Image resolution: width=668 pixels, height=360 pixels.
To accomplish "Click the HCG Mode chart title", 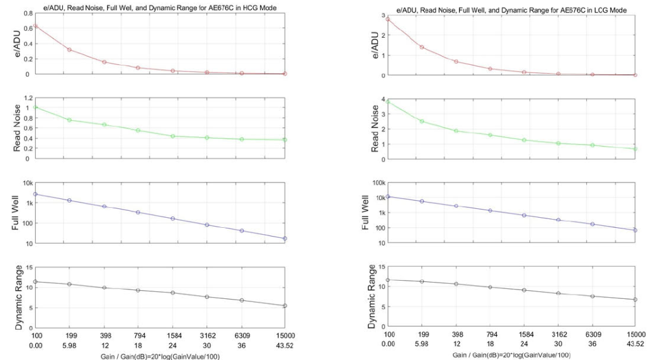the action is point(160,8).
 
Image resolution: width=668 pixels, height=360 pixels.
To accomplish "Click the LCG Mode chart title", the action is point(511,9).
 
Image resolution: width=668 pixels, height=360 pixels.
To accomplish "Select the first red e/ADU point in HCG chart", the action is point(35,26).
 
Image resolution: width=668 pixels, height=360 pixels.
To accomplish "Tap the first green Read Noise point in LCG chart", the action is point(388,102).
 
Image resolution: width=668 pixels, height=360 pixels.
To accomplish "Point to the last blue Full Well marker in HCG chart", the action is point(285,239).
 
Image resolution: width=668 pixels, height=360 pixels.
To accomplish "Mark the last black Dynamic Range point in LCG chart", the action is point(635,300).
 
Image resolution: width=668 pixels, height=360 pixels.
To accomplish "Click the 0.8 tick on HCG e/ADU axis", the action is point(28,13).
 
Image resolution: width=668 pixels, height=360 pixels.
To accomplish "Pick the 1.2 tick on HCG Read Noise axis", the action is point(28,98).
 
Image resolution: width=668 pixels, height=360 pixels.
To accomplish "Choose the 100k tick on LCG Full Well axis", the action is point(379,183).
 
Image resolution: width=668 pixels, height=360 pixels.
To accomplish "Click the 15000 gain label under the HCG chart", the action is point(285,335).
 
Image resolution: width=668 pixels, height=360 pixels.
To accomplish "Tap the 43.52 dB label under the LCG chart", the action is point(635,344).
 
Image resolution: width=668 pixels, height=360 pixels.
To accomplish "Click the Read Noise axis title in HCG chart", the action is point(17,128).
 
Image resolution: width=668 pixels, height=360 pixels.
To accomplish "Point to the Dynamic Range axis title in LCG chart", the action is point(371,296).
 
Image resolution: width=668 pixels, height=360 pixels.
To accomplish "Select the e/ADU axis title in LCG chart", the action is point(375,45).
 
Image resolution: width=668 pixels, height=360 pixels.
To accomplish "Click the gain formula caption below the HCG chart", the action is point(160,356).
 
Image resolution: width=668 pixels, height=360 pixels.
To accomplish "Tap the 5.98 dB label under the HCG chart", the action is point(69,346).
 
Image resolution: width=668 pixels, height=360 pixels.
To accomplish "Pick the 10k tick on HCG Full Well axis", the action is point(28,183).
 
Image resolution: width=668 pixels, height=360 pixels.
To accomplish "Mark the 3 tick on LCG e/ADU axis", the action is point(383,16).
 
